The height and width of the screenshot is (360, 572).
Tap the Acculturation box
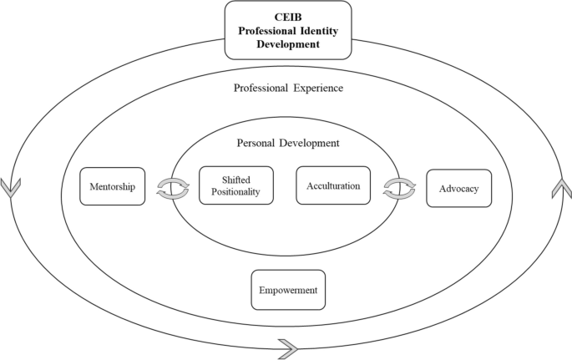pyautogui.click(x=332, y=185)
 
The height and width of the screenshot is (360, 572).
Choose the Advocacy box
pyautogui.click(x=458, y=189)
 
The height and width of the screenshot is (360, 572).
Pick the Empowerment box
pyautogui.click(x=288, y=289)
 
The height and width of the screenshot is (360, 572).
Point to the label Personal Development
pyautogui.click(x=287, y=143)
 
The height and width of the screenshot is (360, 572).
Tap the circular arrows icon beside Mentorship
pyautogui.click(x=173, y=187)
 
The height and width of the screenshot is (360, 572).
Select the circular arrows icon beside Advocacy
pyautogui.click(x=399, y=187)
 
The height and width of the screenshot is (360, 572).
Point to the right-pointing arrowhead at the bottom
pyautogui.click(x=288, y=344)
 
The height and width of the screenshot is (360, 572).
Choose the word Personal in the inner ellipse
pyautogui.click(x=256, y=143)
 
